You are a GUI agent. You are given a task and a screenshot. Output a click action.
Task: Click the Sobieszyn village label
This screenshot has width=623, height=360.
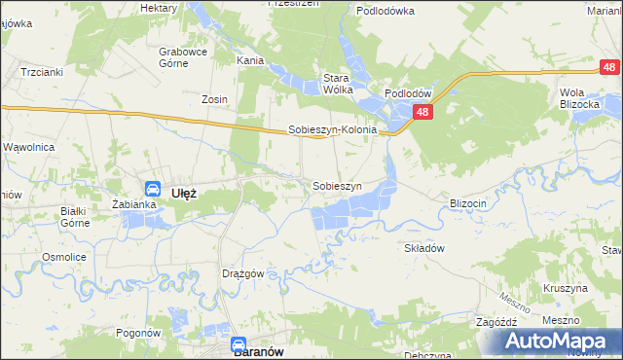[x=337, y=185]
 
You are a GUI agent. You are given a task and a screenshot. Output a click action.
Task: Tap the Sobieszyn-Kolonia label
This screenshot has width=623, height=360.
[x=332, y=129]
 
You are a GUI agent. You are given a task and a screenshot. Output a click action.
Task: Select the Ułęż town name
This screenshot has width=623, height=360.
[x=184, y=193]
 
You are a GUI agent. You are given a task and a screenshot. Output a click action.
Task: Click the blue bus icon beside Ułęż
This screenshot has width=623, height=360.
[x=153, y=189]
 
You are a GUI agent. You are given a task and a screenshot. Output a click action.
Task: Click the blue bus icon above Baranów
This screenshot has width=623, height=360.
[x=238, y=343]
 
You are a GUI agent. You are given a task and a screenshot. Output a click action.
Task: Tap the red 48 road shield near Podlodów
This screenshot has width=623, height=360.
[x=421, y=113]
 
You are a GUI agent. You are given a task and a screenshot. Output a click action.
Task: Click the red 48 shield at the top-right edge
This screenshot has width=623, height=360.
[x=608, y=67]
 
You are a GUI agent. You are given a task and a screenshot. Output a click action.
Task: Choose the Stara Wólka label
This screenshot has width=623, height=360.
[x=338, y=84]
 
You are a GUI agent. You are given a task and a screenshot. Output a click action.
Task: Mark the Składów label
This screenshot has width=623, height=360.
[x=424, y=248]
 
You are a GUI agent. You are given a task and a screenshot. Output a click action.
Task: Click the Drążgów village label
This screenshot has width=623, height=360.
[x=243, y=273]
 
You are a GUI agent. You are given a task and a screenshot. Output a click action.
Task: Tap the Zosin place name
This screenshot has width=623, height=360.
[x=214, y=99]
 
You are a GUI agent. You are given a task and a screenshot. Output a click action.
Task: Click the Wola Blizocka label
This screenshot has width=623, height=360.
[x=577, y=98]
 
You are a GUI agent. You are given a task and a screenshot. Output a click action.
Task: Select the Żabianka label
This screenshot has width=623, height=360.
[x=134, y=204]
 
